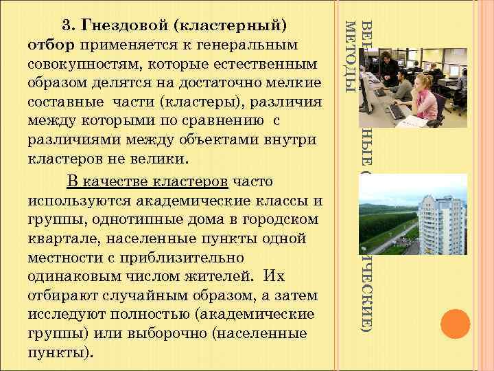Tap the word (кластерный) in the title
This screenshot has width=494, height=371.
[x=230, y=27]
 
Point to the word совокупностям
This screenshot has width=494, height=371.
[x=80, y=65]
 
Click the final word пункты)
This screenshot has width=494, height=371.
[x=58, y=352]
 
